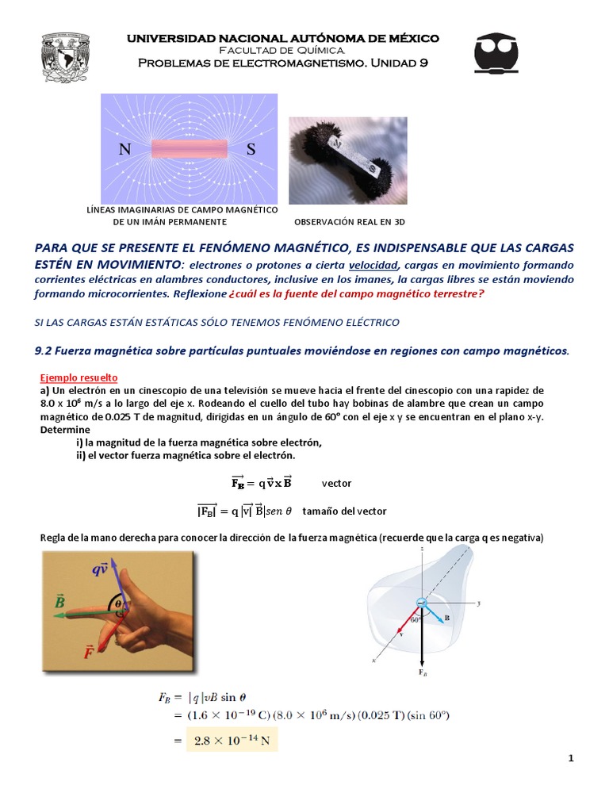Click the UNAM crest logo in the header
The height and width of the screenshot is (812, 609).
66,56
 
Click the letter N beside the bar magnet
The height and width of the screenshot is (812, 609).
124,149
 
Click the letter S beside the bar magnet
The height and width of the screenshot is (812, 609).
251,149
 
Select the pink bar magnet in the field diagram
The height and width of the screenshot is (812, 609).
189,148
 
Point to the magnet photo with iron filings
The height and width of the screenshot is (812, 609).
347,161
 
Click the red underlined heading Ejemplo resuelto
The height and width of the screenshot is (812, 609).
79,378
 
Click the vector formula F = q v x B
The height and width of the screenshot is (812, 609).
261,482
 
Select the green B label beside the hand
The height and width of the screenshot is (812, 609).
59,603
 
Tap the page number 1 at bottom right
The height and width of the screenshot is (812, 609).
570,759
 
